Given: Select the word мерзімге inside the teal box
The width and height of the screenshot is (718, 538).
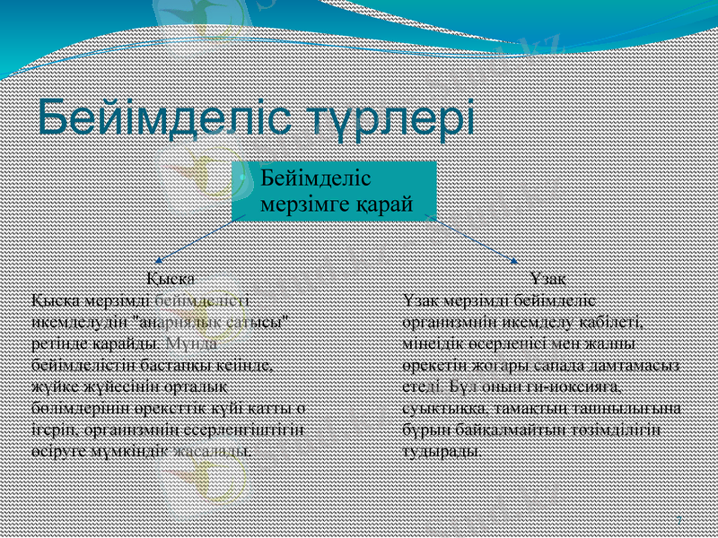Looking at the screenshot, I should [x=301, y=204].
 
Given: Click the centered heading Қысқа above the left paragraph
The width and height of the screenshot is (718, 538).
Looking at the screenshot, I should [x=171, y=276].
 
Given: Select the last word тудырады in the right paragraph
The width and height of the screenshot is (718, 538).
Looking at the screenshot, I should [x=441, y=450].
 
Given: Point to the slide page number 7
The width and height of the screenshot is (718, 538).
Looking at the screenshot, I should [x=678, y=520].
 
